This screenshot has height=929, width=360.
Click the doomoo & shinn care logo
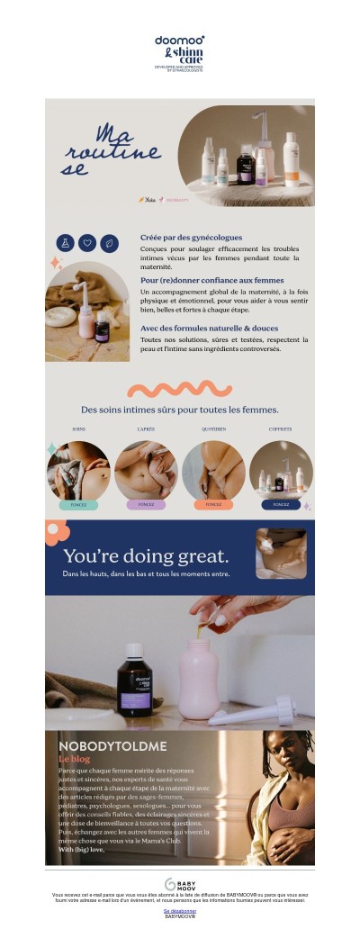pos(179,53)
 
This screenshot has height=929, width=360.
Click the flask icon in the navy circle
pos(65,242)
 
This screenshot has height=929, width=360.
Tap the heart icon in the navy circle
pos(87,242)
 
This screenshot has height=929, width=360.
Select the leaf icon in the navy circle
pos(109,242)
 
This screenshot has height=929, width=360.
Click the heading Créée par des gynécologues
pos(191,238)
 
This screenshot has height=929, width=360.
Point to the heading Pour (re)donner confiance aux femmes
pos(211,280)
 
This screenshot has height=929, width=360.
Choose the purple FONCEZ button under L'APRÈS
pos(146,505)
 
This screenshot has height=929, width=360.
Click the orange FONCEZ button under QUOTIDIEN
pos(213,505)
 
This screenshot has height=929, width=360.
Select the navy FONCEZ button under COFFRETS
pos(281,505)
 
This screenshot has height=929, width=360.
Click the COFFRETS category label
pos(280,429)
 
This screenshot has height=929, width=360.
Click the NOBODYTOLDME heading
pos(101,746)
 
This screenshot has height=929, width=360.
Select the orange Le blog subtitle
pos(75,759)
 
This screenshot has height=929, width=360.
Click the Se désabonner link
pos(180,911)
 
